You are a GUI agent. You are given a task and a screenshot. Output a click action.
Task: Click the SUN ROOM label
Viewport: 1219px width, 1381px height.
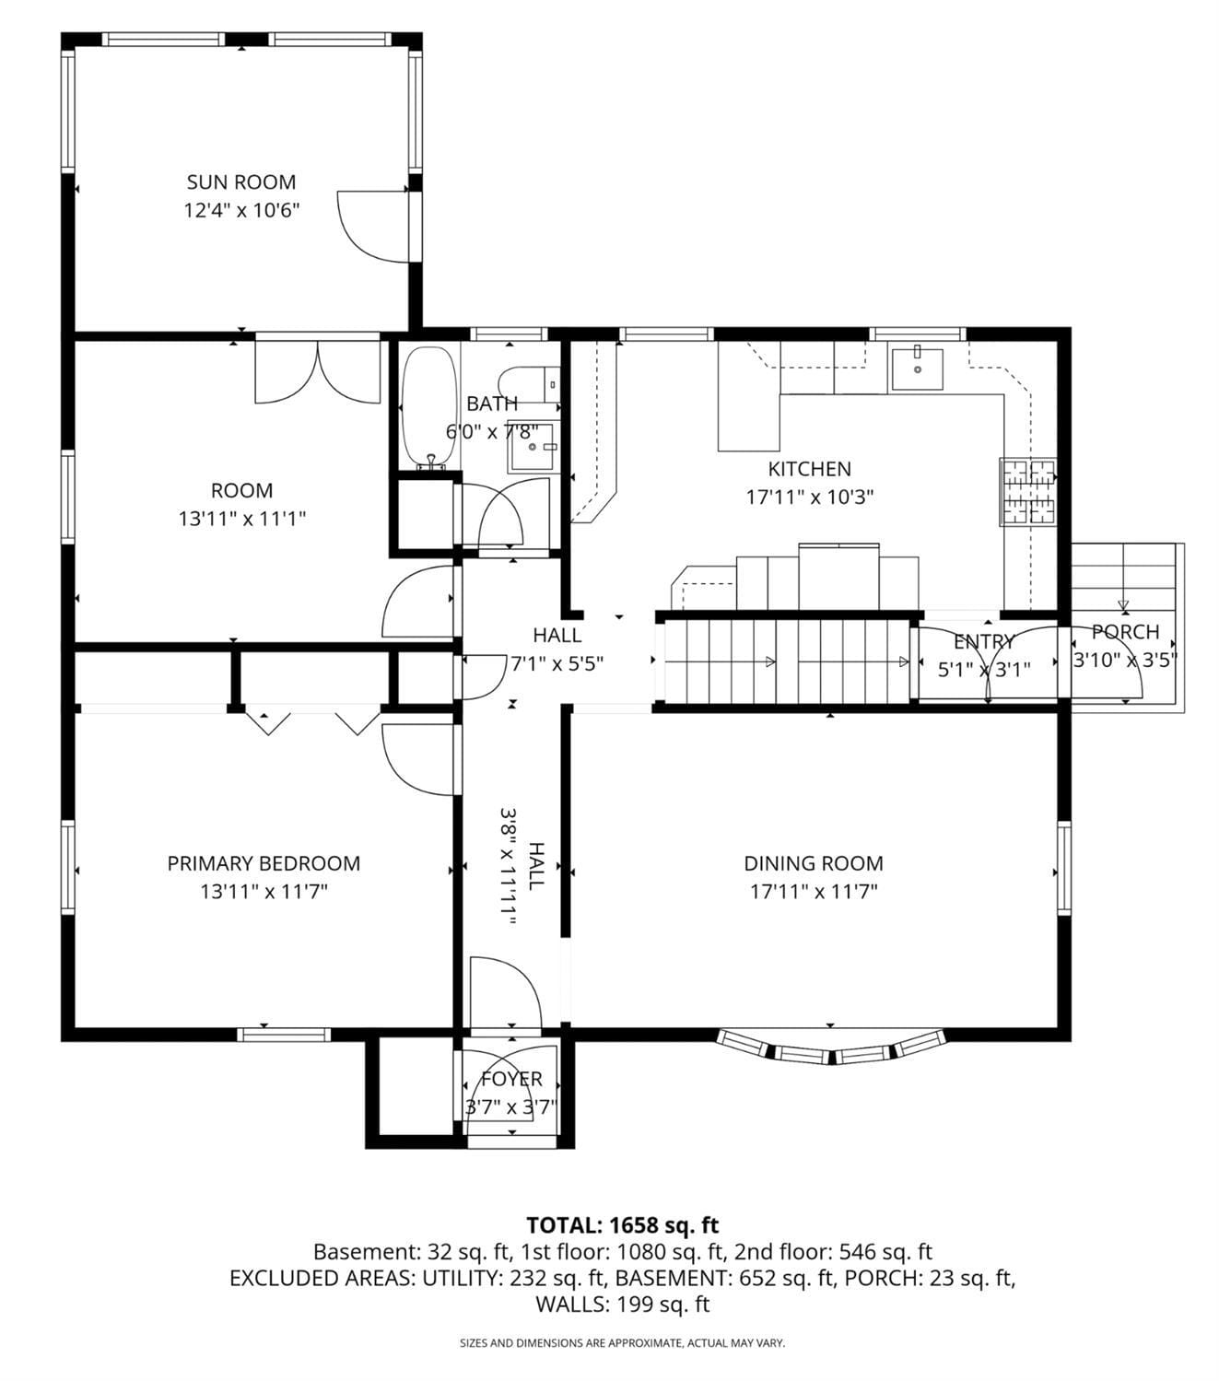pos(241,182)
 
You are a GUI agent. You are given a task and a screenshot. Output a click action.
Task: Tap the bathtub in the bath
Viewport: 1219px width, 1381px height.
pos(429,408)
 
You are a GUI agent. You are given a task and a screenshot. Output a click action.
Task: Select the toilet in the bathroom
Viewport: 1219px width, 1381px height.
pos(528,385)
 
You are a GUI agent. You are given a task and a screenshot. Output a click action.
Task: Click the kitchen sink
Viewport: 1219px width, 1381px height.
pos(917,369)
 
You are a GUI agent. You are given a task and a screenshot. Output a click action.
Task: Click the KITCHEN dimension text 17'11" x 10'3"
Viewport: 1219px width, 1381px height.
pos(809,497)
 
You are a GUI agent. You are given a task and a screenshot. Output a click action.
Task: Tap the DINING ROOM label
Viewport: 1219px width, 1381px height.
pos(814,863)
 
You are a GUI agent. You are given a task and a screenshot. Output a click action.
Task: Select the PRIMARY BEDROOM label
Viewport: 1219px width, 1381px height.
pos(264,863)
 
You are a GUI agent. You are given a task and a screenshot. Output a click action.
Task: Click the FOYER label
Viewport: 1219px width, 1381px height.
pos(511,1078)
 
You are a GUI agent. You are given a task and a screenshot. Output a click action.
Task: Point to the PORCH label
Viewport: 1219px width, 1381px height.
pos(1126,632)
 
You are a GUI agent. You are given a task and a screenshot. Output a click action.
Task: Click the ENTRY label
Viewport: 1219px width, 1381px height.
pos(984,641)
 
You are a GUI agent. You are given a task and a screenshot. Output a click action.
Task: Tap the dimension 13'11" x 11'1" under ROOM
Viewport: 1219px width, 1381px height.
pos(242,519)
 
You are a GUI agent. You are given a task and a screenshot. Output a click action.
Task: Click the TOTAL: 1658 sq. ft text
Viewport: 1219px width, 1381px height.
pos(623,1225)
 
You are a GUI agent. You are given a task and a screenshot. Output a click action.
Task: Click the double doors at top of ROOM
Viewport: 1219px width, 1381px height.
pos(318,372)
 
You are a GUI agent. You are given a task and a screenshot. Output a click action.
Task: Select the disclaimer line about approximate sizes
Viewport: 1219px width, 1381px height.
pos(623,1343)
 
